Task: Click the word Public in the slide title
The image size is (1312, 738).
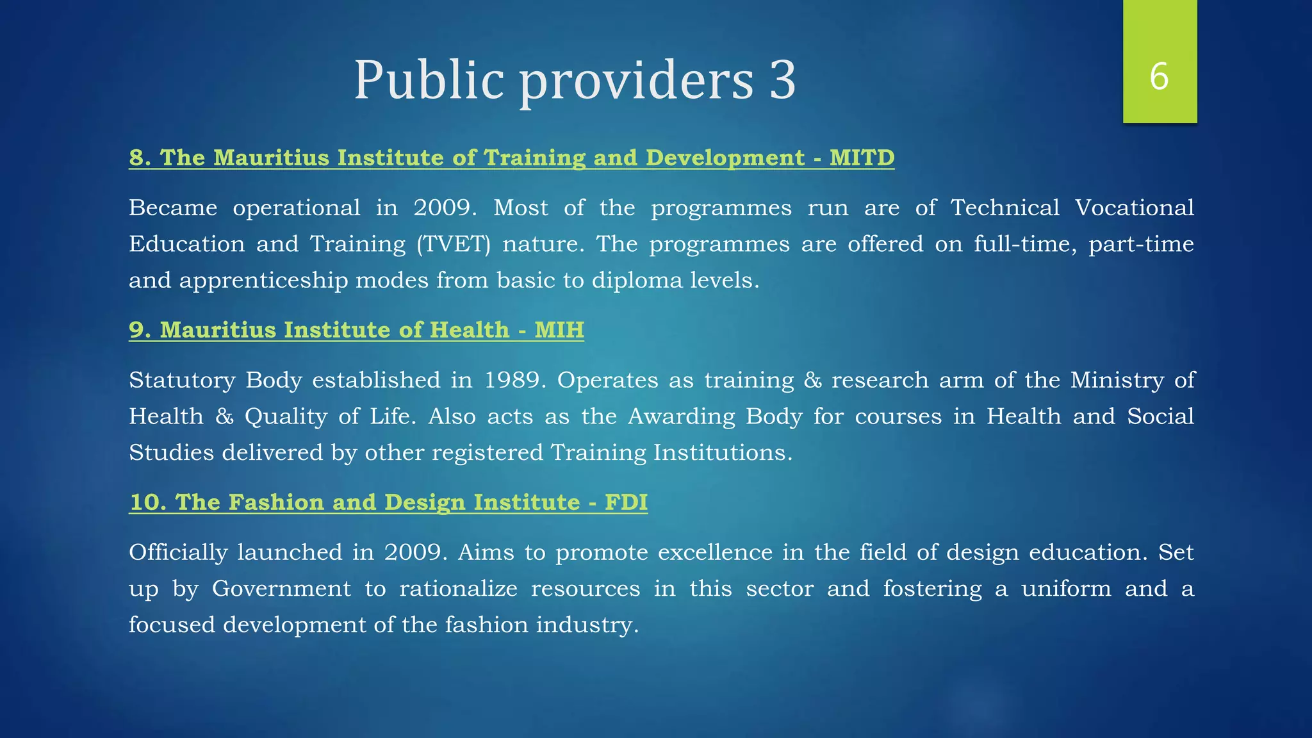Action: point(429,80)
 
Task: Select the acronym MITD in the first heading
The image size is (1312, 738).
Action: point(862,158)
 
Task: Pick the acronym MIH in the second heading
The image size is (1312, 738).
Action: point(559,330)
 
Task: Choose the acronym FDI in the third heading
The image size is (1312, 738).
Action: point(626,502)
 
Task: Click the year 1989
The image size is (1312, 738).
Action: point(514,381)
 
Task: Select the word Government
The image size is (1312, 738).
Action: point(281,589)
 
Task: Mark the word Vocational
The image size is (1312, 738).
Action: point(1134,208)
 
